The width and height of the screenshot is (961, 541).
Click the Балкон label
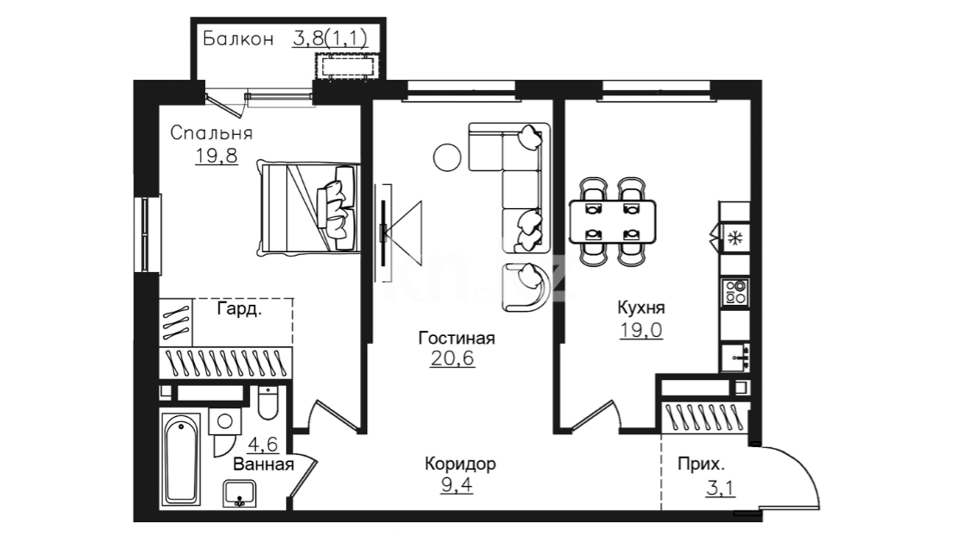238,39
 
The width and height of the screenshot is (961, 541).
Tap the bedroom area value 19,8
216,156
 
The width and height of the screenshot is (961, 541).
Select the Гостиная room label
456,338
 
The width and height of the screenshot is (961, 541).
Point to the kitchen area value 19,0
641,330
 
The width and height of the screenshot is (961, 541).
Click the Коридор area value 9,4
456,485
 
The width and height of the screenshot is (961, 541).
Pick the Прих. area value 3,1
721,487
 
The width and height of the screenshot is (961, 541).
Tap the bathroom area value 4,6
263,444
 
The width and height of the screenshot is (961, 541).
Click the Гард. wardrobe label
239,309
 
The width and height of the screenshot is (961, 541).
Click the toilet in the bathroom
268,403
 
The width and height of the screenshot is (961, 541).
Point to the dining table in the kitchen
613,221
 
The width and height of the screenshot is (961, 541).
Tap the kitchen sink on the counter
735,357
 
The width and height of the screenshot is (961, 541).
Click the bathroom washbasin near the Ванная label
239,493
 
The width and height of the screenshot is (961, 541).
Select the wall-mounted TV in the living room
384,233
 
